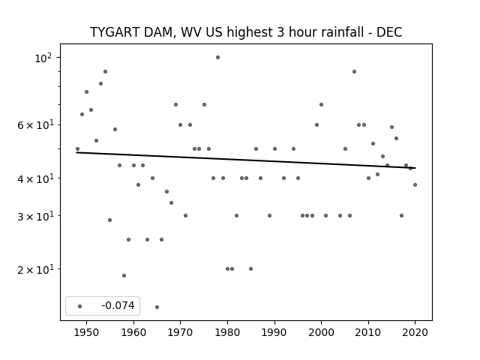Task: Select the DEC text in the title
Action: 389,32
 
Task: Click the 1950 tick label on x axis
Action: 87,332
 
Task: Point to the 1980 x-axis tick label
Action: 227,332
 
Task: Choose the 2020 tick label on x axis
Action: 415,332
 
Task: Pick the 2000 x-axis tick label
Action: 322,332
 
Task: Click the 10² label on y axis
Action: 44,58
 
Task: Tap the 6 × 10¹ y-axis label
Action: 35,125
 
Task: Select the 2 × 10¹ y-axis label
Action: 35,269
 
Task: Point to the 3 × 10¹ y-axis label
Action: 35,216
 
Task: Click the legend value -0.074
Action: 118,305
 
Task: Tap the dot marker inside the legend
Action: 80,306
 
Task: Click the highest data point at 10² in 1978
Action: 218,57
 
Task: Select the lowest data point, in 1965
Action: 157,307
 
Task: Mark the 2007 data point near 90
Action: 354,72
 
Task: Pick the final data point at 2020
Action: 415,185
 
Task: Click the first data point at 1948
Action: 77,149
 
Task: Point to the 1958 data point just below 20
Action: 124,275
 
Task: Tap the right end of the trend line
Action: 415,168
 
